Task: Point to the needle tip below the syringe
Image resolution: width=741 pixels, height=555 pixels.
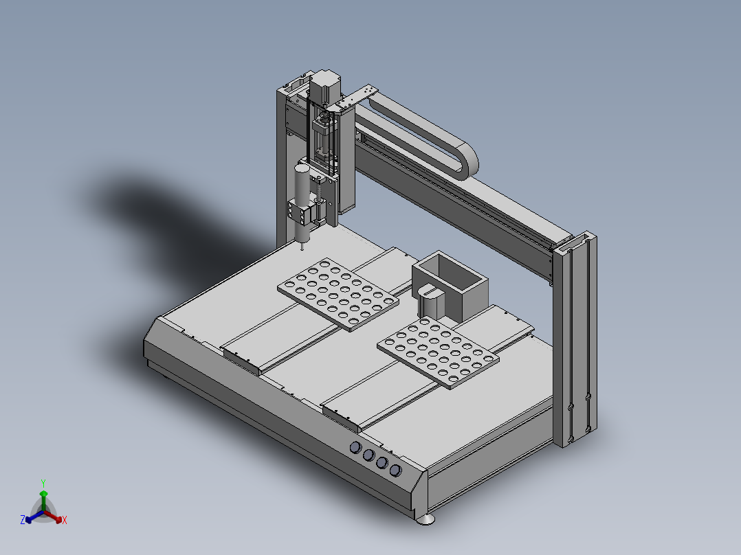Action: pyautogui.click(x=302, y=249)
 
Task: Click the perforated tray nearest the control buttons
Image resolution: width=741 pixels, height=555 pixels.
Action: pyautogui.click(x=437, y=352)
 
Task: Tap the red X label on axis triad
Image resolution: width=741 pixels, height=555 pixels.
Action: pyautogui.click(x=65, y=521)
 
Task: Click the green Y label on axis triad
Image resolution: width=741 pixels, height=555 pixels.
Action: pyautogui.click(x=43, y=483)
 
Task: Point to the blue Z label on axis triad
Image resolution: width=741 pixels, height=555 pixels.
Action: pyautogui.click(x=23, y=521)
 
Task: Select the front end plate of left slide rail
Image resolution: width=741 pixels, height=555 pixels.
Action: pyautogui.click(x=241, y=361)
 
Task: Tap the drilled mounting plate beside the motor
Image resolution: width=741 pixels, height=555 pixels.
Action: pyautogui.click(x=357, y=97)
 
